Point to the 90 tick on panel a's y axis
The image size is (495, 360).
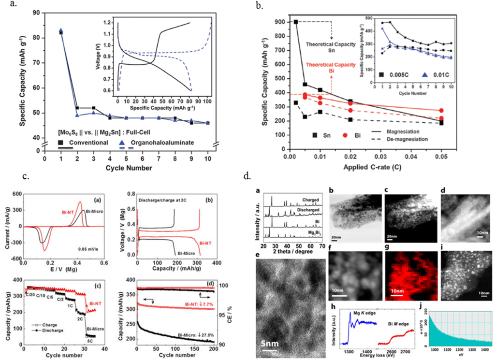pyautogui.click(x=36, y=12)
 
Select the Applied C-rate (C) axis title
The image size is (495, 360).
pyautogui.click(x=367, y=168)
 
